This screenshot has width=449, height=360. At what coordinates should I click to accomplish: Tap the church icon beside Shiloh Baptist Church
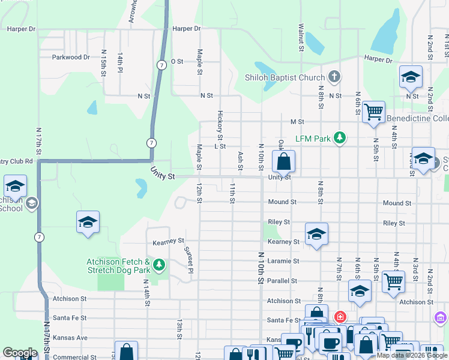(x=335, y=77)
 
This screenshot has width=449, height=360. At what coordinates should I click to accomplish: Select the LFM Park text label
(x=313, y=139)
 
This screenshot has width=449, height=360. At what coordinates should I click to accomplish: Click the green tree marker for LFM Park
(x=340, y=138)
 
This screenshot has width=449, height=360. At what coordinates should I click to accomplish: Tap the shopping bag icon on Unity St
(x=283, y=161)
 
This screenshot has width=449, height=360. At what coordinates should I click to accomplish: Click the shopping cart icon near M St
(x=373, y=112)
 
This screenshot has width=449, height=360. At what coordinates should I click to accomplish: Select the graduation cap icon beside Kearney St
(x=316, y=234)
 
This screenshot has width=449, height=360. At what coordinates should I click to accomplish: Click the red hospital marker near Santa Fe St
(x=340, y=316)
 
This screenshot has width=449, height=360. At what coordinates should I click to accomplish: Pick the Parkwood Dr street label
(x=71, y=58)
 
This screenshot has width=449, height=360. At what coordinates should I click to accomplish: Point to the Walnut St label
(x=300, y=37)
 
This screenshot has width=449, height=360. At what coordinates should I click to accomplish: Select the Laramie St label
(x=283, y=261)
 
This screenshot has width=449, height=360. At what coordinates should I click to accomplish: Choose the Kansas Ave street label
(x=70, y=338)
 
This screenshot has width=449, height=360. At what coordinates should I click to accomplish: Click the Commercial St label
(x=74, y=357)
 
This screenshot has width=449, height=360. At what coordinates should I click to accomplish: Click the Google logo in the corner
(x=20, y=353)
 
